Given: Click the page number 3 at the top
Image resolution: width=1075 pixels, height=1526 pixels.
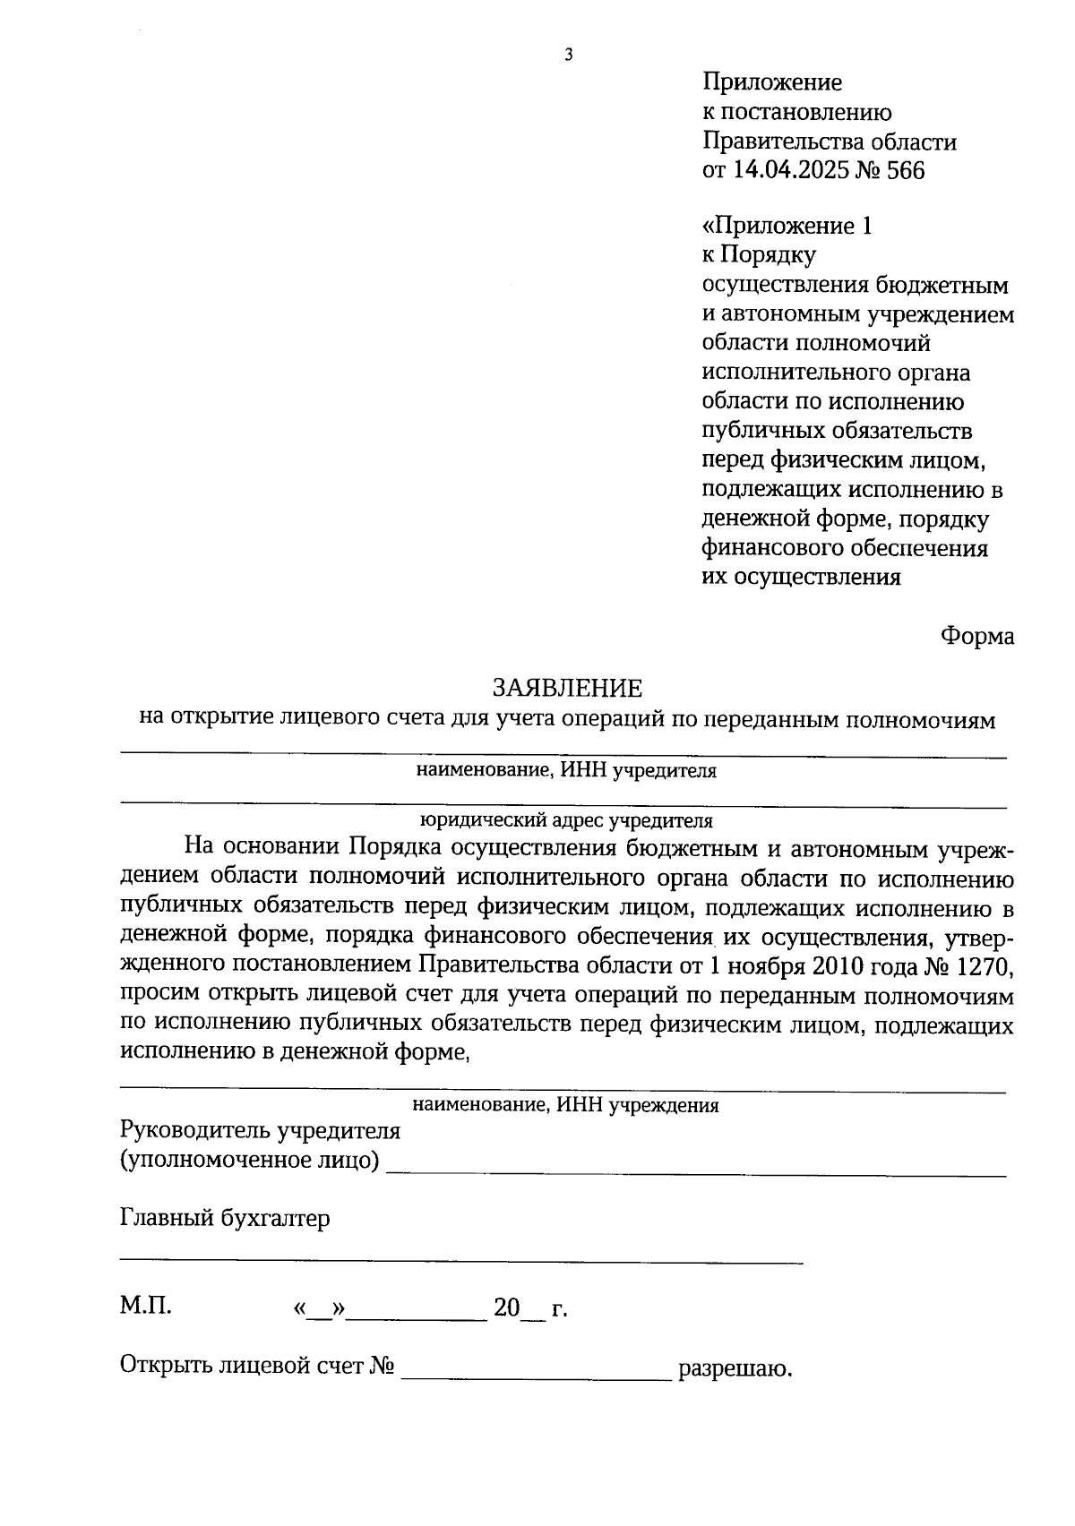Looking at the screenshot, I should [x=568, y=56].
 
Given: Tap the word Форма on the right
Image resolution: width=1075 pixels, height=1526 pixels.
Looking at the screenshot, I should [x=976, y=636].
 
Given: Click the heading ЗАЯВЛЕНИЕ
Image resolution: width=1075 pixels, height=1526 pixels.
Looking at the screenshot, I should [x=567, y=688].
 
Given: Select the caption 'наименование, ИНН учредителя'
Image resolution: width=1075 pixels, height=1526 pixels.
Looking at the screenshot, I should [x=566, y=771].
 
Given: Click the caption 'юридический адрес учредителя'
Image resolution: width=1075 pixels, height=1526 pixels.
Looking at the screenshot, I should [x=566, y=819].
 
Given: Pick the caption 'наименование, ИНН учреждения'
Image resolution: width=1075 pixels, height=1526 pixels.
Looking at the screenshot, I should [x=566, y=1105].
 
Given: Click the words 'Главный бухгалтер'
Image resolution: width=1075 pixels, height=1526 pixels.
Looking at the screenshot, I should [x=225, y=1218].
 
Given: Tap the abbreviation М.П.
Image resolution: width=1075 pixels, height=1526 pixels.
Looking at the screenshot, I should [x=146, y=1306].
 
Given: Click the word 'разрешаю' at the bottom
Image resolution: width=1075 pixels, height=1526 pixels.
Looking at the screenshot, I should [x=735, y=1368].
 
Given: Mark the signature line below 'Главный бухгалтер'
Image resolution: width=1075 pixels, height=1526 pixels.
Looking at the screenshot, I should [x=461, y=1262].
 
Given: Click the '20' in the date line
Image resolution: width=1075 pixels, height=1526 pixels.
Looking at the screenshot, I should [x=506, y=1308].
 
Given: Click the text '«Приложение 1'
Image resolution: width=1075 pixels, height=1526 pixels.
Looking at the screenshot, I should [x=787, y=226].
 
